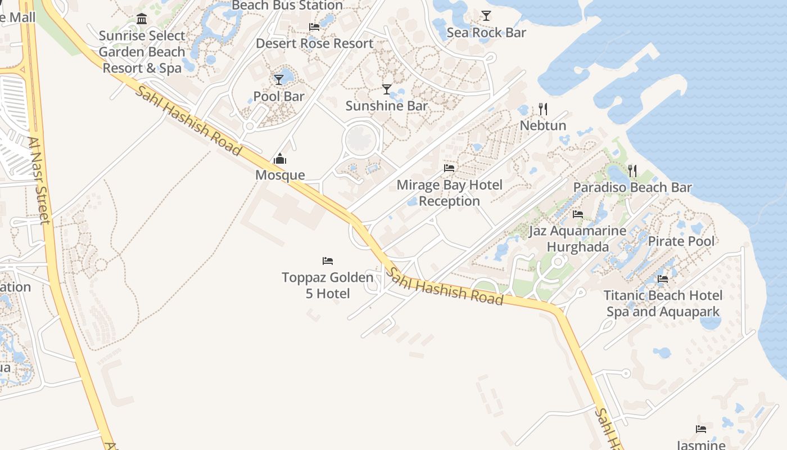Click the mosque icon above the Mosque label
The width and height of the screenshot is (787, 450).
click(x=279, y=159)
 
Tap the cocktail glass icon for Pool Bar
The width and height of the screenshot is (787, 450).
click(x=279, y=80)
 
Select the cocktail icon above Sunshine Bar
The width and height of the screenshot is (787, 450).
click(x=387, y=89)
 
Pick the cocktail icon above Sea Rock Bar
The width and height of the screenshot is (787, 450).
click(x=486, y=16)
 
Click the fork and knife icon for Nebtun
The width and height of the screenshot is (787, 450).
click(x=542, y=109)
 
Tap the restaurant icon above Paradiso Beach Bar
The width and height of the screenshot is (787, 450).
click(x=632, y=170)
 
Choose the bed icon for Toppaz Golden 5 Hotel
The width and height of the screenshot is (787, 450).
click(x=328, y=261)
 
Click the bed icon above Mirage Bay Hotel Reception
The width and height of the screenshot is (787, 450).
click(x=449, y=168)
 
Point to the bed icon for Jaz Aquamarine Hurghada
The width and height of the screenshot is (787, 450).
click(x=578, y=214)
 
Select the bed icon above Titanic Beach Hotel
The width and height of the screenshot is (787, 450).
click(x=663, y=279)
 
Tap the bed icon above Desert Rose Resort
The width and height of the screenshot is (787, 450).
click(x=314, y=27)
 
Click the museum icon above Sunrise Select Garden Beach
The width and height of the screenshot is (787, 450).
click(x=142, y=20)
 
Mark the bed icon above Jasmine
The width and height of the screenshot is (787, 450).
click(x=700, y=429)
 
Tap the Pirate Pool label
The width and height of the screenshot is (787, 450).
click(x=681, y=241)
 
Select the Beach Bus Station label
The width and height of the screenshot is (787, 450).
click(x=287, y=6)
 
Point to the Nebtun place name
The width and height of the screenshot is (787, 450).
click(x=542, y=125)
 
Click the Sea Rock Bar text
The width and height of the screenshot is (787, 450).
click(x=486, y=33)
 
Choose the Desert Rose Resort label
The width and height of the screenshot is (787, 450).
click(x=314, y=43)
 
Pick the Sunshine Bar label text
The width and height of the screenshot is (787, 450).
click(x=387, y=106)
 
